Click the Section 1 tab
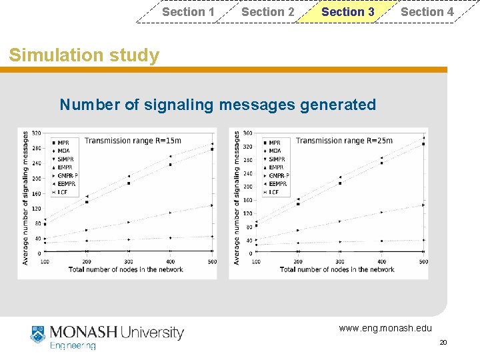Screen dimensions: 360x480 coord(188,11)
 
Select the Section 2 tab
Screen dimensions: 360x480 coord(267,11)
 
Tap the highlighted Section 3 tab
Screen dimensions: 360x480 coord(347,11)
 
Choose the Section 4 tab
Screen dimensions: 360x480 coord(427,11)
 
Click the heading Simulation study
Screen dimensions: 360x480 coord(84,55)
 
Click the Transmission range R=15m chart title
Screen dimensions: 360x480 coord(133,141)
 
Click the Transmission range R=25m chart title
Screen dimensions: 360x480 coord(344,141)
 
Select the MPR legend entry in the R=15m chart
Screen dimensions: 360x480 coord(64,143)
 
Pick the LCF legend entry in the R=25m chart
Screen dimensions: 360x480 coord(274,192)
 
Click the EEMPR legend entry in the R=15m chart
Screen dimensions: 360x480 coord(66,183)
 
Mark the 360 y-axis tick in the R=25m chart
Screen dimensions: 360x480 coord(247,133)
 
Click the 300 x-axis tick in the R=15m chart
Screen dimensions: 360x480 coord(129,261)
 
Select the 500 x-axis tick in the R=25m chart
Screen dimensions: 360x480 coord(423,261)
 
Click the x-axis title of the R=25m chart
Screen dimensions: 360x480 coord(337,270)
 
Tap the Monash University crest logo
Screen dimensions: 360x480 coord(38,335)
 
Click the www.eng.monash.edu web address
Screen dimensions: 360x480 coord(385,328)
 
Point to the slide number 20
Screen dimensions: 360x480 coord(443,342)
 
